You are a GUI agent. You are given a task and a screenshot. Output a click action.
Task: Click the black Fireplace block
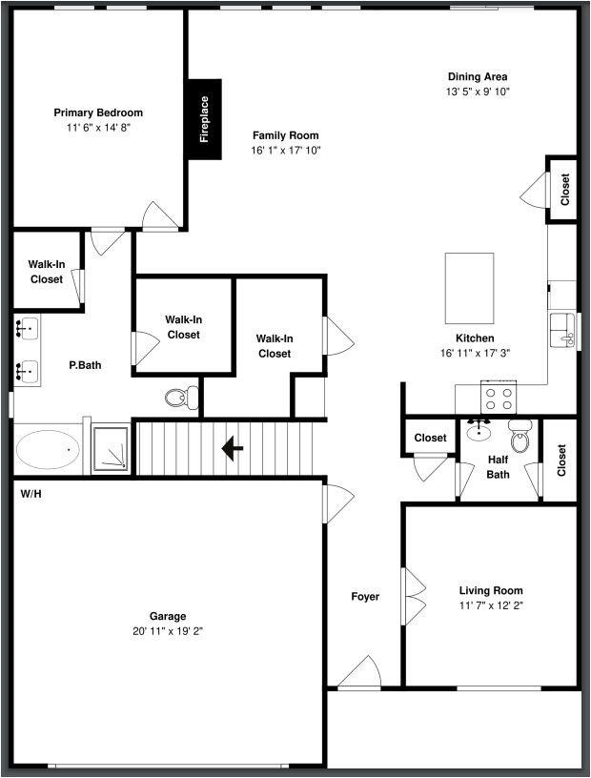pyautogui.click(x=204, y=119)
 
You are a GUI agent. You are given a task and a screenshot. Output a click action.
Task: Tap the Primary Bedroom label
pyautogui.click(x=98, y=113)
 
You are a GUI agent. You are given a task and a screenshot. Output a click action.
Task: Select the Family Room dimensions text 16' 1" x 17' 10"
pyautogui.click(x=286, y=150)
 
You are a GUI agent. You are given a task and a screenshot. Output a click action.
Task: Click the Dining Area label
pyautogui.click(x=478, y=77)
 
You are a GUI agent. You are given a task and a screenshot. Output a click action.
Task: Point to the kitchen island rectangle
pyautogui.click(x=470, y=289)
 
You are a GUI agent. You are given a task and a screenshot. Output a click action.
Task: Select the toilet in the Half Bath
pyautogui.click(x=520, y=438)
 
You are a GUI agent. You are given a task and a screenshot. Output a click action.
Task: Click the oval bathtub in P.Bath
pyautogui.click(x=48, y=449)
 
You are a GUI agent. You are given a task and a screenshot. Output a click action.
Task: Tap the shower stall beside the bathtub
pyautogui.click(x=111, y=449)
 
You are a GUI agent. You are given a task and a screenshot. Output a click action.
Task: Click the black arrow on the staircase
pyautogui.click(x=232, y=447)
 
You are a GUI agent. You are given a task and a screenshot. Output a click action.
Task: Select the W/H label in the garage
pyautogui.click(x=30, y=494)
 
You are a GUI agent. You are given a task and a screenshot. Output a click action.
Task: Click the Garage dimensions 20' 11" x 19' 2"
pyautogui.click(x=168, y=631)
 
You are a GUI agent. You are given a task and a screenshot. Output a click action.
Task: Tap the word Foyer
pyautogui.click(x=365, y=597)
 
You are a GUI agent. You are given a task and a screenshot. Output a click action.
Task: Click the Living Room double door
pyautogui.click(x=413, y=597)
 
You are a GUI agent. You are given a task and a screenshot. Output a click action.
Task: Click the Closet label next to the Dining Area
pyautogui.click(x=565, y=189)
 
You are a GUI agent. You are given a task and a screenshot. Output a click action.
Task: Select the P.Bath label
pyautogui.click(x=85, y=365)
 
